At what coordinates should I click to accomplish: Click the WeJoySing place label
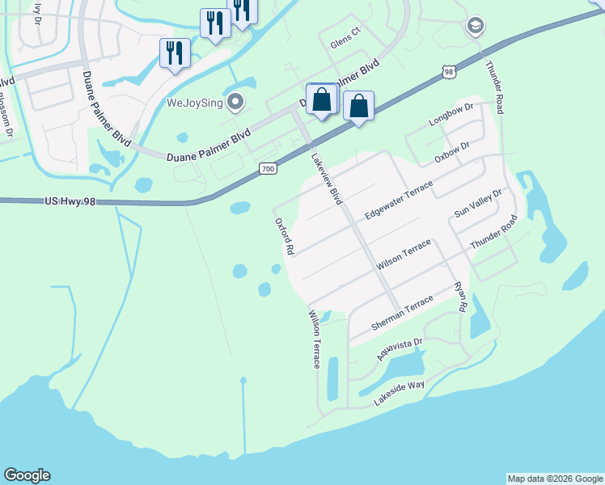[194, 102]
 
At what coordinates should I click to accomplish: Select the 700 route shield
[269, 168]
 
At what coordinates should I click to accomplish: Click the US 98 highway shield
[451, 73]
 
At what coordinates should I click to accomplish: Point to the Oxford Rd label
[283, 236]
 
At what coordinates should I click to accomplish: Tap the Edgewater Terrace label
[399, 199]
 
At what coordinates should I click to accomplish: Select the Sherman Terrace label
[402, 313]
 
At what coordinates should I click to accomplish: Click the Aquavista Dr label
[400, 349]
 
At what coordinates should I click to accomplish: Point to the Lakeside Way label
[399, 393]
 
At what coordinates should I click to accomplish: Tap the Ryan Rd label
[460, 297]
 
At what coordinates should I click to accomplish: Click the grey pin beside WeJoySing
[235, 102]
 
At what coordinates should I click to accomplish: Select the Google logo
[27, 475]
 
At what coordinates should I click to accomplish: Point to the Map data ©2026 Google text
[555, 479]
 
